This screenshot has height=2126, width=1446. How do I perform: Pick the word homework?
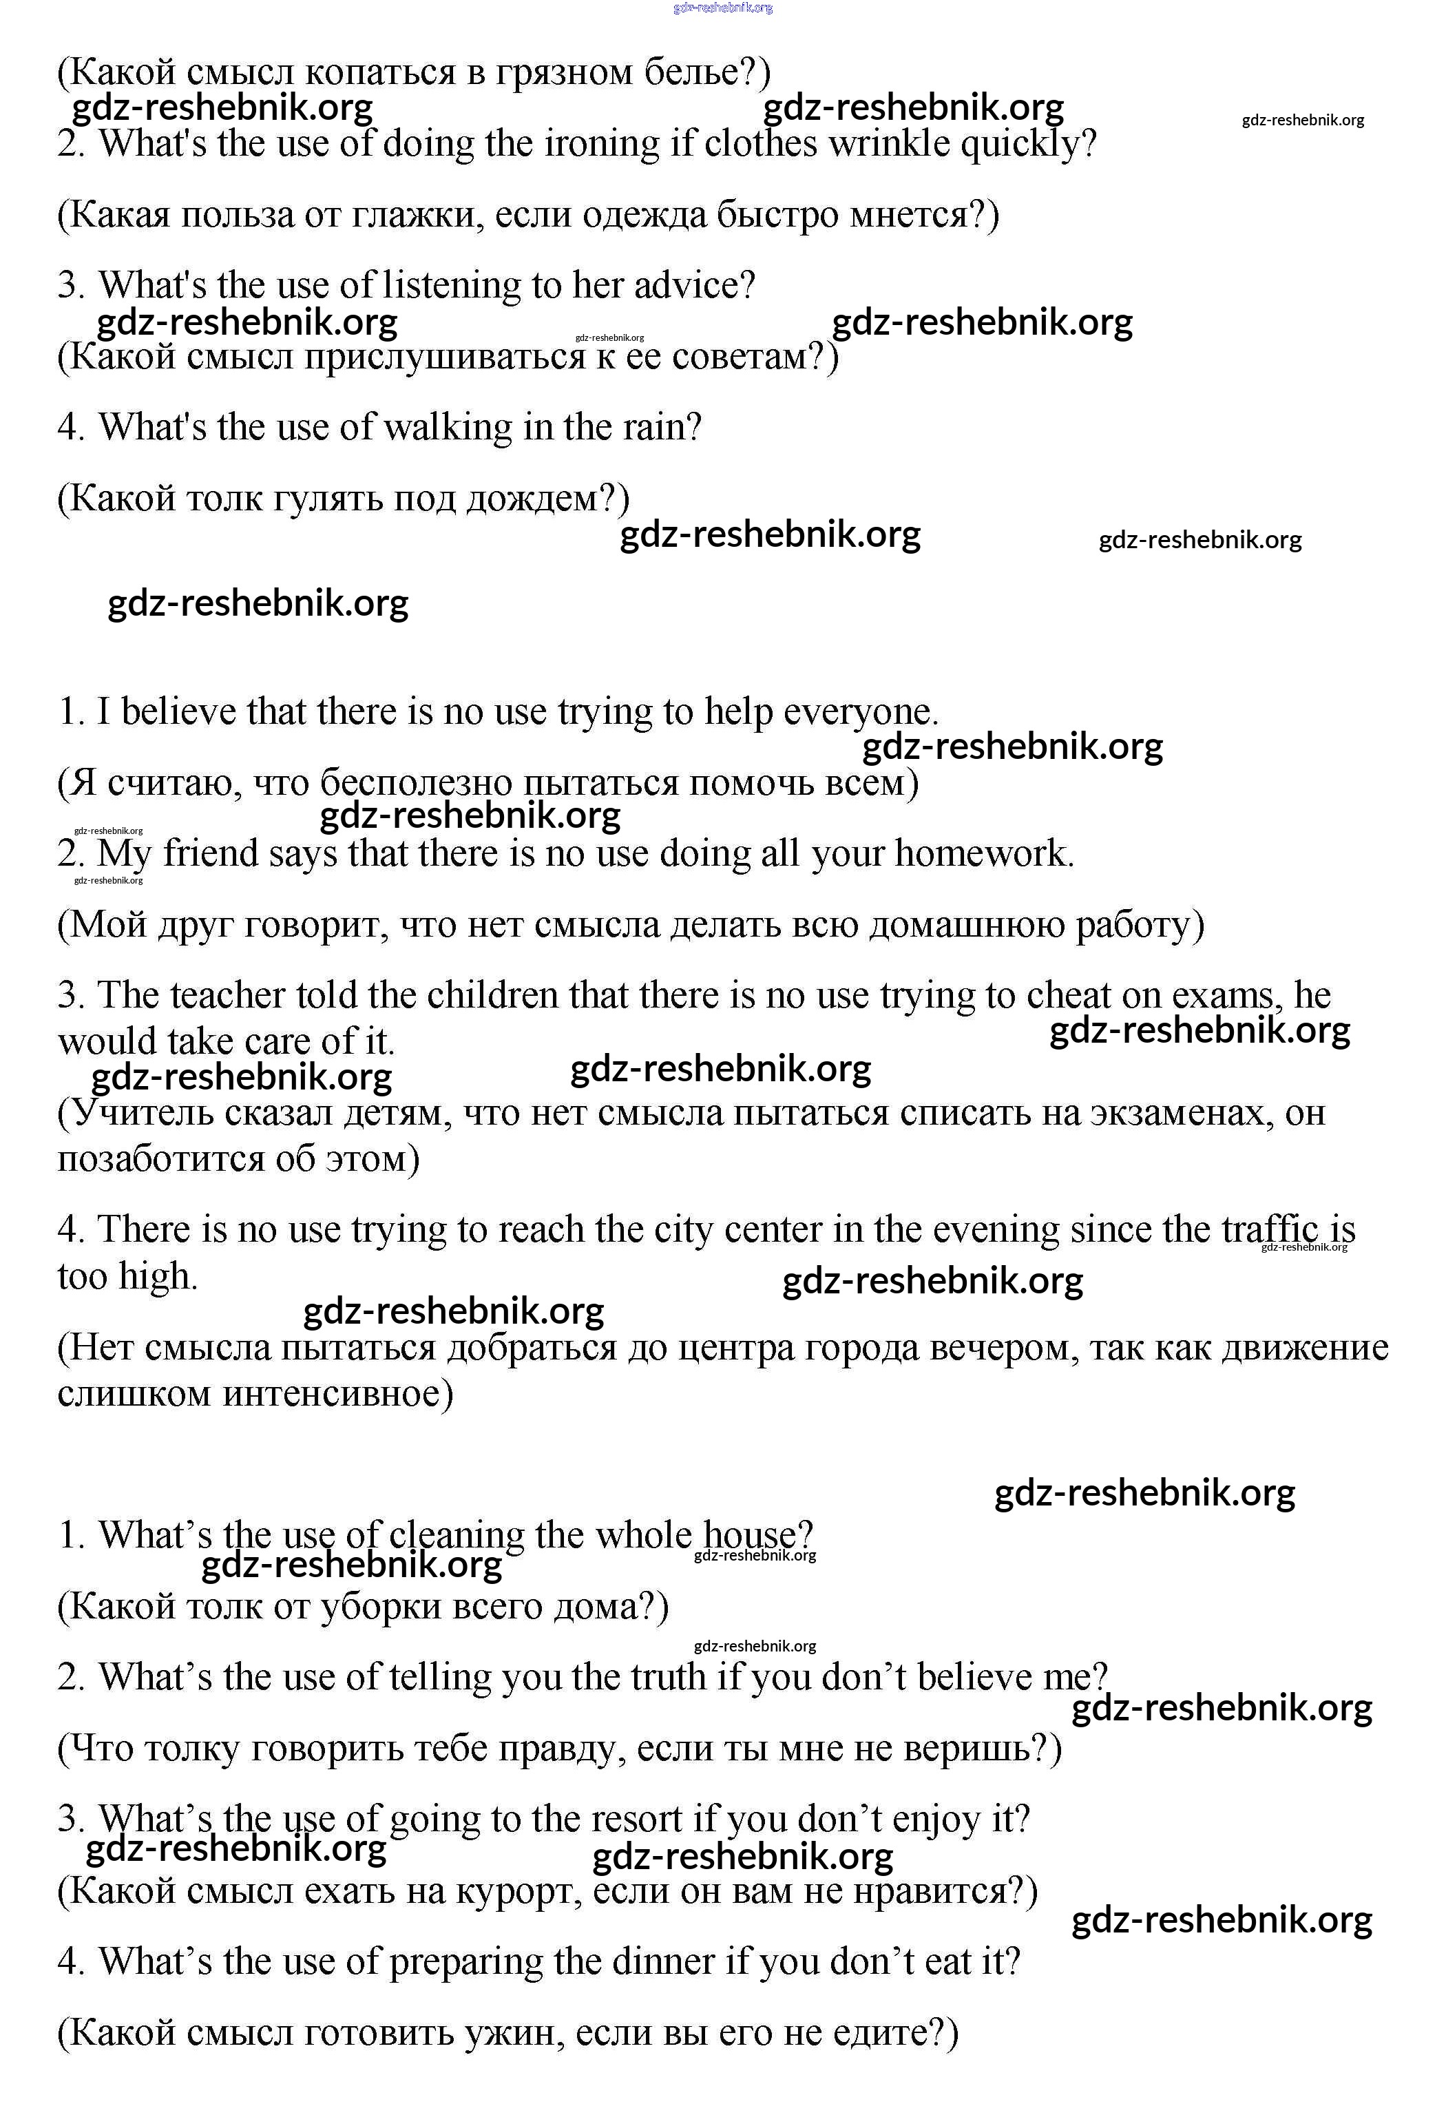[x=983, y=853]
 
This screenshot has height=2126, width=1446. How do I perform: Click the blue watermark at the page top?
[x=722, y=8]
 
